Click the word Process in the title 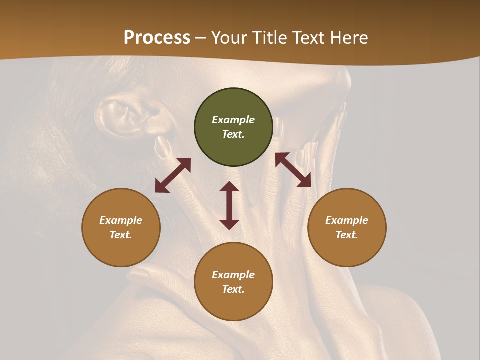pos(157,38)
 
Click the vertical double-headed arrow pos(229,205)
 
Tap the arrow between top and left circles pos(173,175)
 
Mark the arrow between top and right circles pos(293,170)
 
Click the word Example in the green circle pos(233,120)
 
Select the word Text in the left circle pos(121,235)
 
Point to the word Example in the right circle pos(347,220)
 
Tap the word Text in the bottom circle pos(233,289)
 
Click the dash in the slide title pos(201,38)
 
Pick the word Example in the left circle pos(121,220)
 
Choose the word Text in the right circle pos(347,235)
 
